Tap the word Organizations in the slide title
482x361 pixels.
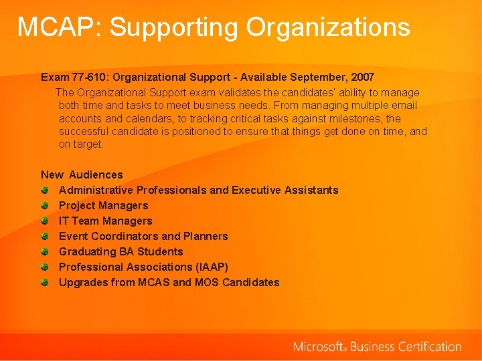coord(328,27)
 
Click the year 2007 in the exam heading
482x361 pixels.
coord(361,78)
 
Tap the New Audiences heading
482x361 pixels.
coord(82,174)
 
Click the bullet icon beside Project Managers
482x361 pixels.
coord(45,205)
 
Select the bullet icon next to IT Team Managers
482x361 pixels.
coord(45,221)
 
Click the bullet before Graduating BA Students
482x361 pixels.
coord(45,251)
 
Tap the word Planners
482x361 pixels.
coord(206,236)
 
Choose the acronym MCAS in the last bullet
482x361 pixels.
coord(154,282)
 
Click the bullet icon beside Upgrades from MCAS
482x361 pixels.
coord(45,282)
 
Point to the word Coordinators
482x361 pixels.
coord(125,236)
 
